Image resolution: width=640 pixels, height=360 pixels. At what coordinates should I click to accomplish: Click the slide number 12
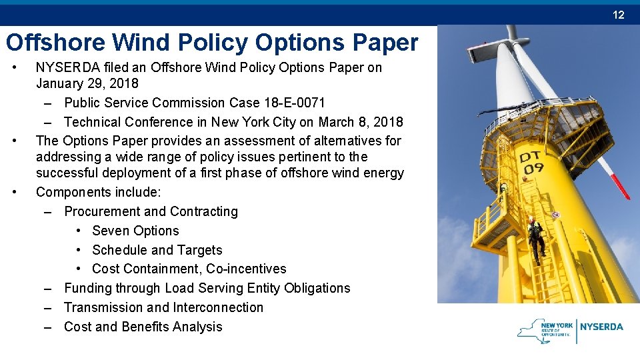coord(619,15)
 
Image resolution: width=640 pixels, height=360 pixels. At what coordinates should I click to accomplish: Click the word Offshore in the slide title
coord(55,43)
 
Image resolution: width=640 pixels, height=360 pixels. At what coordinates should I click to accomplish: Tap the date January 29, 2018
coord(87,83)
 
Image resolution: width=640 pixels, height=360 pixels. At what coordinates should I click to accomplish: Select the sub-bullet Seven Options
coord(135,231)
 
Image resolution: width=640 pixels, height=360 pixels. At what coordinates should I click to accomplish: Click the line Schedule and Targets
coord(157,250)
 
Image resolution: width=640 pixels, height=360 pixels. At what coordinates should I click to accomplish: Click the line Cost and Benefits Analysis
coord(143,327)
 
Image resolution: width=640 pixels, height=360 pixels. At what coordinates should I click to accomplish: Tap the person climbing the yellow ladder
coord(534,239)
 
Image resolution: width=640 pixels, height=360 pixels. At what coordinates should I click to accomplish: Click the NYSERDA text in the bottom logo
coord(601,327)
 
